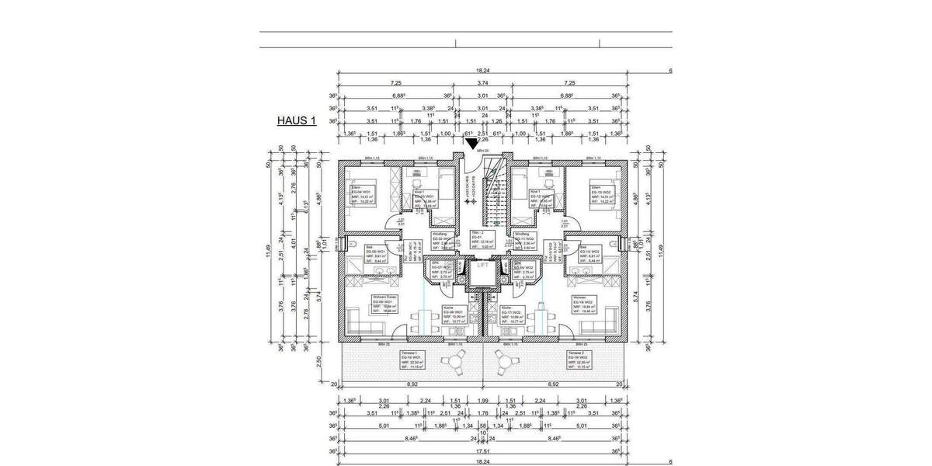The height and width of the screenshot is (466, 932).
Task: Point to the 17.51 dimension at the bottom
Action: point(482,449)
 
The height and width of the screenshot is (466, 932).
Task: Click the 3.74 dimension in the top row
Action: point(482,82)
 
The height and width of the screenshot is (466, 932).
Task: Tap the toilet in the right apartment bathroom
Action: point(616,243)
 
